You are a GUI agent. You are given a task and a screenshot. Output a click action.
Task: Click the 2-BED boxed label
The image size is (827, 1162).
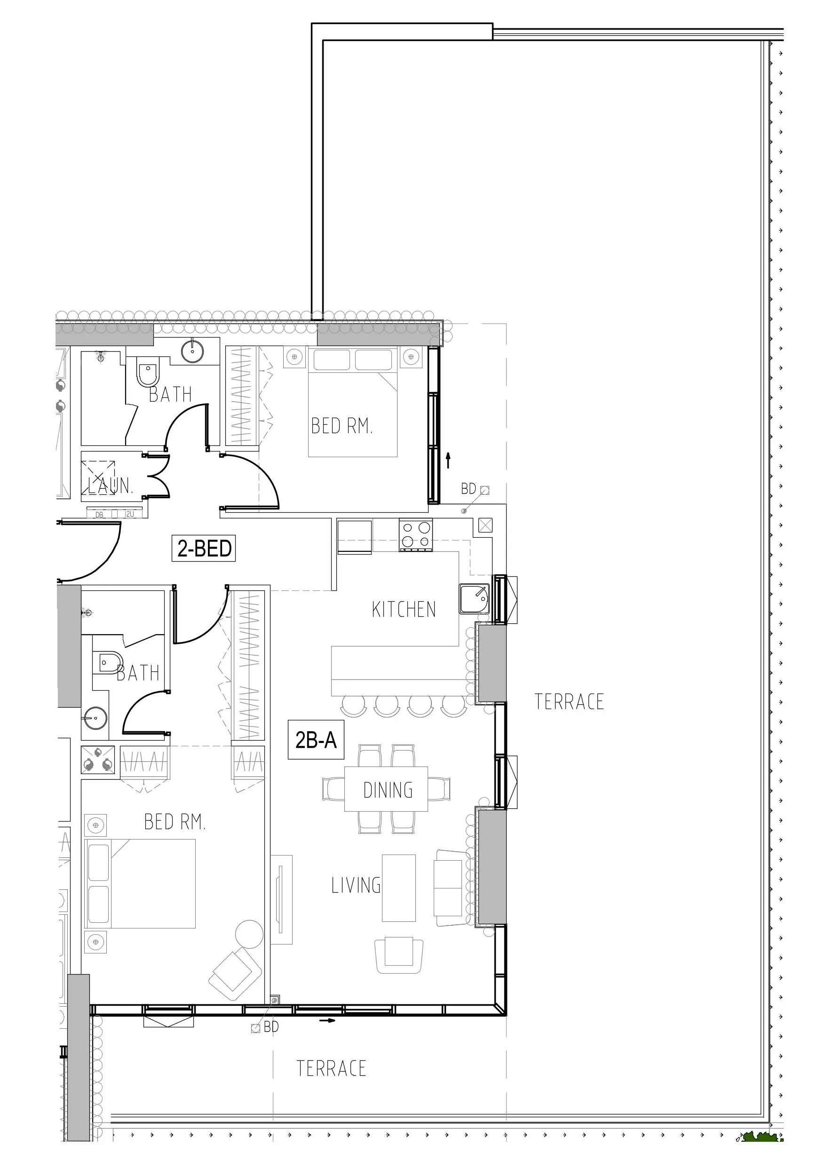point(204,549)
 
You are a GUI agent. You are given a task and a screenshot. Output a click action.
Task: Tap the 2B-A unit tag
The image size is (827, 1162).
point(316,740)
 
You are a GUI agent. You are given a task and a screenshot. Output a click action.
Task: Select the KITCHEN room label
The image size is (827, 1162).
point(403,610)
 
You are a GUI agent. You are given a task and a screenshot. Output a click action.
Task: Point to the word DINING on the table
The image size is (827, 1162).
point(388,790)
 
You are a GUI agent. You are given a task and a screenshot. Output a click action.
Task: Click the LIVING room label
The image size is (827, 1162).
point(356,885)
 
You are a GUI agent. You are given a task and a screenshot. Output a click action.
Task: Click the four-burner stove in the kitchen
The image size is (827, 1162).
point(415,534)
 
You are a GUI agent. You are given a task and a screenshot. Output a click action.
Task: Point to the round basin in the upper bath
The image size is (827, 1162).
point(192,351)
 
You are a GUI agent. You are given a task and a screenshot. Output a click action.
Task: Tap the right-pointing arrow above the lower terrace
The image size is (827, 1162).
point(328,1020)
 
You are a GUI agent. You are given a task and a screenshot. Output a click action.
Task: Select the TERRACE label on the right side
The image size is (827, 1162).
point(569,702)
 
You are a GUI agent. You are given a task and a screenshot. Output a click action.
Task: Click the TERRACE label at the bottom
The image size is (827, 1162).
point(331,1068)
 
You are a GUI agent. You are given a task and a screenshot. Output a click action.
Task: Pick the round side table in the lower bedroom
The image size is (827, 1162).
point(249,934)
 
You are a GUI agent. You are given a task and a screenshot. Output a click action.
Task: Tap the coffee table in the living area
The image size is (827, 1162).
point(399,888)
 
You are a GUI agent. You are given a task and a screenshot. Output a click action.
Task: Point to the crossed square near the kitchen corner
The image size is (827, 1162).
point(485,525)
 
